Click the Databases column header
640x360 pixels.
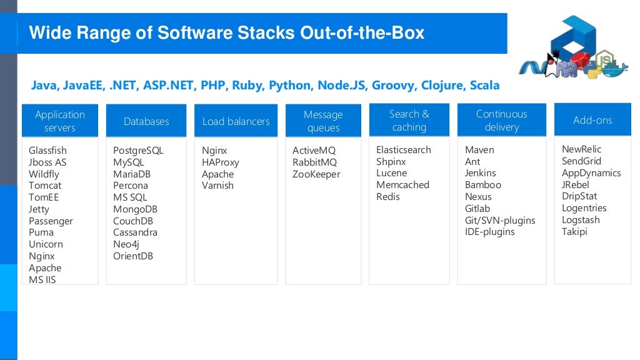(146, 121)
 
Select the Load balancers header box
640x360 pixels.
(236, 121)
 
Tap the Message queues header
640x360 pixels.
(323, 121)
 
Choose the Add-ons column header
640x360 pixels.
(592, 120)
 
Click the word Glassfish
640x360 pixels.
(47, 151)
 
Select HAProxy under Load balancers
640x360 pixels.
(220, 162)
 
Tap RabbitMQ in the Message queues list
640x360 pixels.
(314, 162)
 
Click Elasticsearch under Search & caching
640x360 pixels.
(404, 150)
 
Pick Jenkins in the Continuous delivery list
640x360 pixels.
(480, 173)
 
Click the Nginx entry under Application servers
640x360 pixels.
(41, 256)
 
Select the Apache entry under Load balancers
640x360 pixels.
(217, 174)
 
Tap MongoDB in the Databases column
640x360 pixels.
(135, 209)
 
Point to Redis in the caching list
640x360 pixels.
(387, 197)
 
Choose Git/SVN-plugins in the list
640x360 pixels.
(500, 220)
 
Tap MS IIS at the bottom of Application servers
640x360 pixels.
(42, 280)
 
